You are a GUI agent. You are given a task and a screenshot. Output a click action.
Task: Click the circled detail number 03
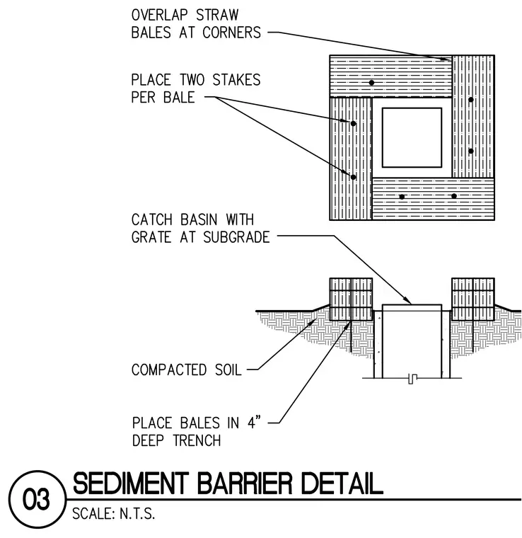point(37,499)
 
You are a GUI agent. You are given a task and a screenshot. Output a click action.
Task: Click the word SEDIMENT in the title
point(131,483)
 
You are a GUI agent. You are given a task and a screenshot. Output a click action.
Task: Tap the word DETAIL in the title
point(342,483)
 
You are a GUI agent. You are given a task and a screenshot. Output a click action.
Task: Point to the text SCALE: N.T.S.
point(113,514)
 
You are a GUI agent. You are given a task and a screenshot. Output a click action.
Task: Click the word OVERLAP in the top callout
point(160,15)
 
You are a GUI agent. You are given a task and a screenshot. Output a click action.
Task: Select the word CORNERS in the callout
point(232,33)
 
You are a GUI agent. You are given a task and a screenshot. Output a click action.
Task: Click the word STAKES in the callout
point(236,80)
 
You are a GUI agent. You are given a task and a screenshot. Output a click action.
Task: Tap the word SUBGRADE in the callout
point(236,237)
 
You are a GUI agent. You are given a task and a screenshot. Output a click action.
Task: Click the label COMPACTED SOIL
point(187,370)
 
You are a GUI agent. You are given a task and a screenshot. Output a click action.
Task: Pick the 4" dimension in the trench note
point(254,423)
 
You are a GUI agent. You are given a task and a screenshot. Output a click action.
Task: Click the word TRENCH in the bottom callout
point(197,440)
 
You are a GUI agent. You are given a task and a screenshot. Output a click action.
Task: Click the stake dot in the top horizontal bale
point(371,83)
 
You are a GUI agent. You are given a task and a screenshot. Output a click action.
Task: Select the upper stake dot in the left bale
point(354,123)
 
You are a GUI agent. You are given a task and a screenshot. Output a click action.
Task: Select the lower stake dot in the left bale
point(354,177)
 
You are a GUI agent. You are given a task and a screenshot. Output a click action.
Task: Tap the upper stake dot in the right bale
point(471,100)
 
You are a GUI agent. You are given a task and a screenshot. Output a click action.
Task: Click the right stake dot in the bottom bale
point(454,196)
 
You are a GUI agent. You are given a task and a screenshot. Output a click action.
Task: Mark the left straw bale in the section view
point(351,299)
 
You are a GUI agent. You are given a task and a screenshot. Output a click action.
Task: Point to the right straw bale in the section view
point(473,299)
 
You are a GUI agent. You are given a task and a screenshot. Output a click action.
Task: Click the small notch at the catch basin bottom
point(412,379)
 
